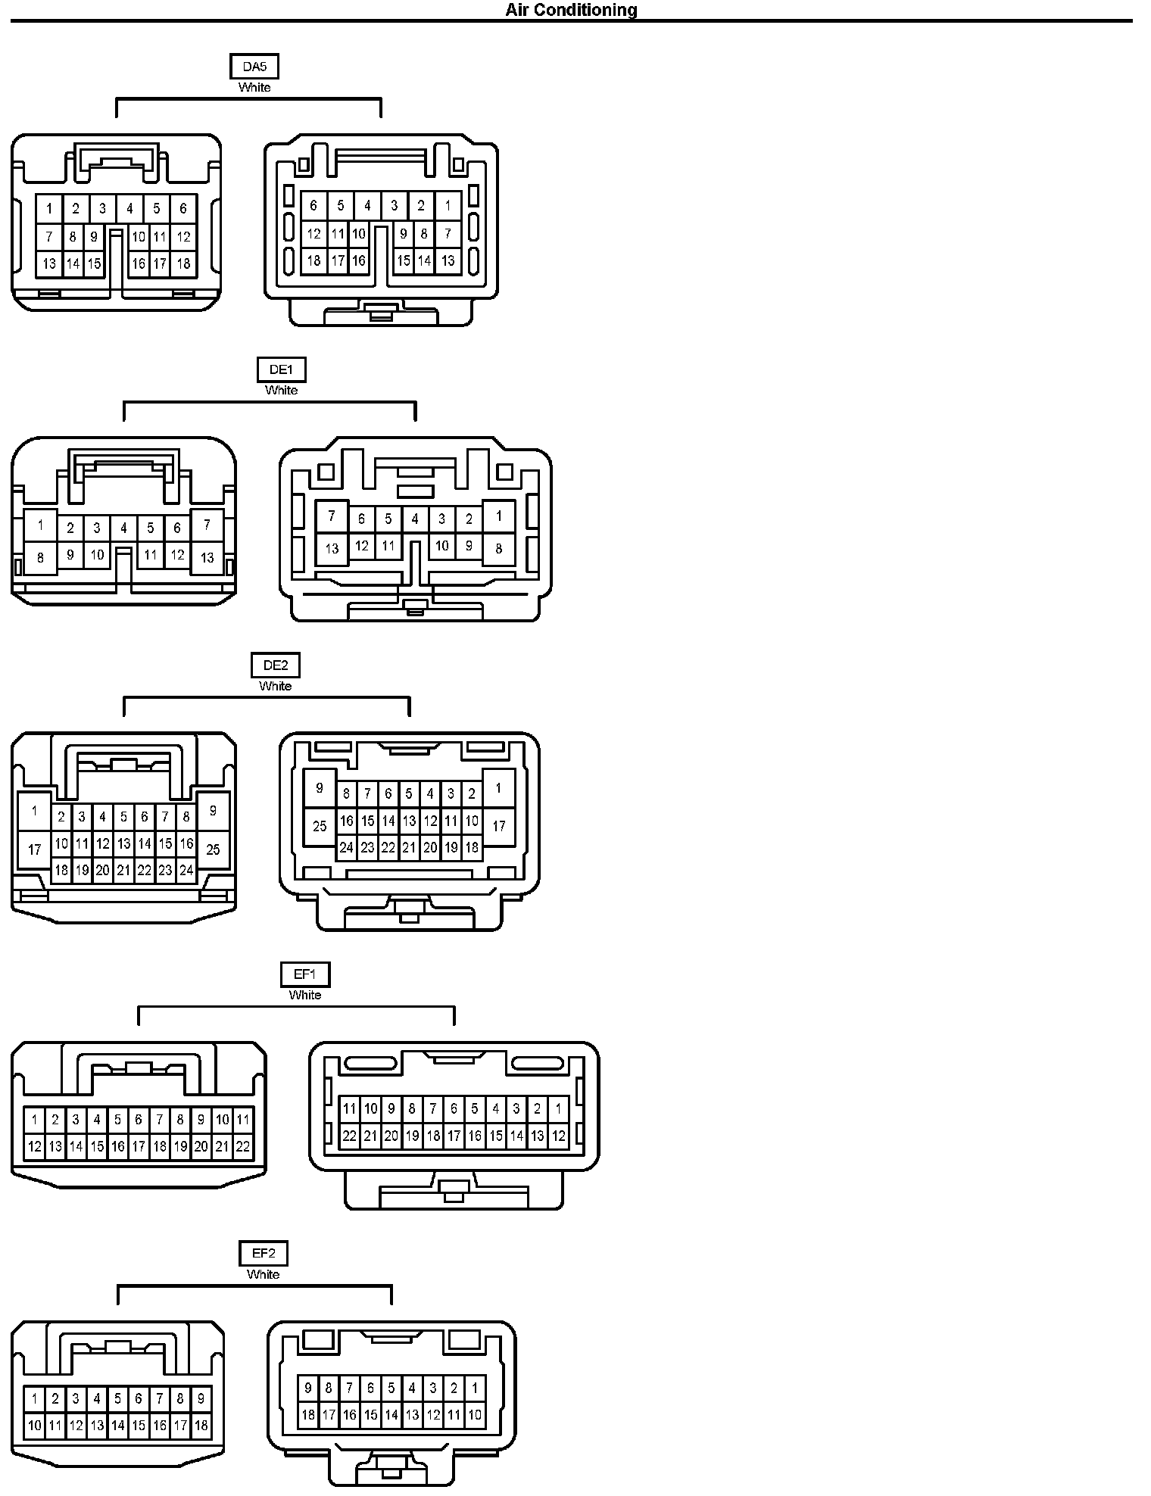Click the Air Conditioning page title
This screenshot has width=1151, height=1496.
tap(572, 10)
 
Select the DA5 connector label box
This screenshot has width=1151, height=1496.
tap(254, 67)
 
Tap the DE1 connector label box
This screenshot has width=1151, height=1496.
tap(281, 369)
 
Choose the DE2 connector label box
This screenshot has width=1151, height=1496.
tap(276, 665)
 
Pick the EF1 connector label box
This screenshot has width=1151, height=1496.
tap(304, 974)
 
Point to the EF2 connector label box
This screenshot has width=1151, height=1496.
tap(264, 1254)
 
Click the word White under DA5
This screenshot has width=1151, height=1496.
tap(254, 87)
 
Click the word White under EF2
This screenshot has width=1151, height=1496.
tap(264, 1274)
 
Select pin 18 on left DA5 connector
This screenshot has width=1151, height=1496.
tap(183, 264)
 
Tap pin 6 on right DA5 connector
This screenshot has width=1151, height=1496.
tap(313, 204)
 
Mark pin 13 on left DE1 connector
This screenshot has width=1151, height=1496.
tap(207, 558)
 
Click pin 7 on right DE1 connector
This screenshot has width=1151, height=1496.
tap(332, 517)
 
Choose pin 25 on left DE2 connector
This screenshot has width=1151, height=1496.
tap(213, 849)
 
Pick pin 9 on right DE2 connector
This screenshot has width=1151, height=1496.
tap(320, 788)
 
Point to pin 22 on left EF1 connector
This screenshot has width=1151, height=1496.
tap(243, 1146)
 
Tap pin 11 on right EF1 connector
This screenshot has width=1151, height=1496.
tap(349, 1109)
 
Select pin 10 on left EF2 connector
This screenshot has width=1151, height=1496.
tap(34, 1426)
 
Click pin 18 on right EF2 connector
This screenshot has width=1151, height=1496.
tap(308, 1414)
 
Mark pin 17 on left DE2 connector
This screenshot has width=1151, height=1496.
tap(35, 849)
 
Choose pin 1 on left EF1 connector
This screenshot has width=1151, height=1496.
tap(34, 1120)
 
